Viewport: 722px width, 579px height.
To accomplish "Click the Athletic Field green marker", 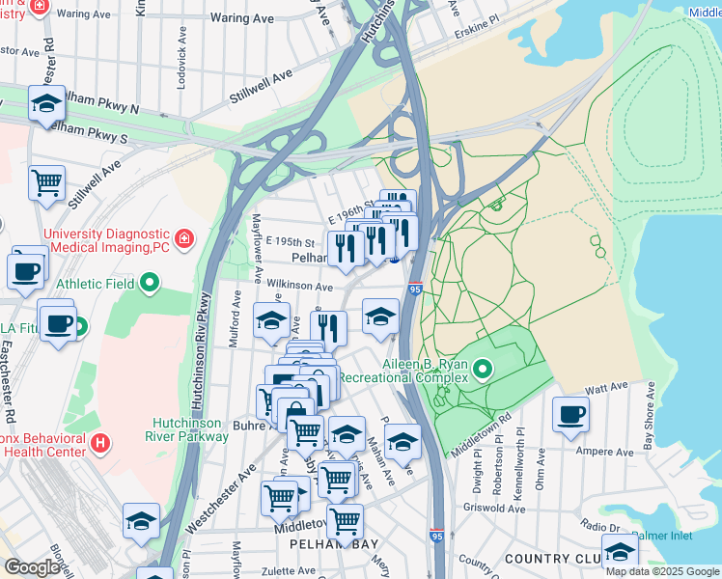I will (149, 284).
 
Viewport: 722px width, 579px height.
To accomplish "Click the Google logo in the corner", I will (32, 567).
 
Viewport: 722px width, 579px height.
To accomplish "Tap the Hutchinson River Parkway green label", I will (190, 429).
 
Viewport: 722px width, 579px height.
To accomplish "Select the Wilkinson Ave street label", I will (299, 287).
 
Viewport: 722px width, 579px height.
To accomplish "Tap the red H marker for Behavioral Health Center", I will (101, 444).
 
